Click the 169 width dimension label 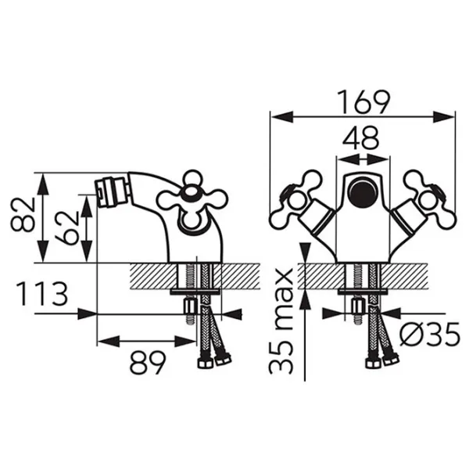(363, 102)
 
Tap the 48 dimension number (360, 138)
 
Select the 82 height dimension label (23, 215)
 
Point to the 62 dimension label (66, 227)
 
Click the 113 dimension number (42, 293)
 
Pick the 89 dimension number (148, 362)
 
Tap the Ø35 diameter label (429, 334)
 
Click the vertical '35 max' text (281, 321)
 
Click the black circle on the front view (363, 192)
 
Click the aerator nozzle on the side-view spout (111, 192)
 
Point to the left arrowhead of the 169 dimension (281, 116)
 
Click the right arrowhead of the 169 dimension (444, 116)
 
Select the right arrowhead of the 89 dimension (185, 341)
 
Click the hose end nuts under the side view (214, 360)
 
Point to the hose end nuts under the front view (382, 360)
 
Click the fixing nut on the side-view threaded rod (190, 306)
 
